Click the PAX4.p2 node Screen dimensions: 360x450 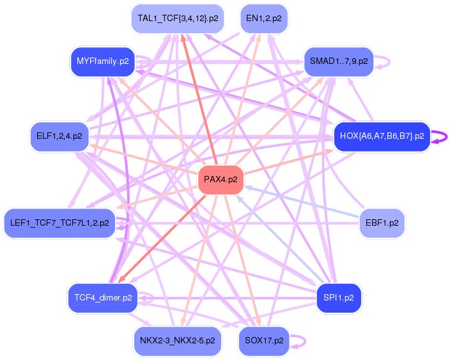point(221,180)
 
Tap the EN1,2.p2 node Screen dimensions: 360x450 point(263,19)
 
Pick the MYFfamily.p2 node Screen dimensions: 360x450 point(102,61)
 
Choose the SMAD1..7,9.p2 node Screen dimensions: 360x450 point(339,61)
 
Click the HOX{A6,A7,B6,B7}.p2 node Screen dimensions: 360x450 point(382,136)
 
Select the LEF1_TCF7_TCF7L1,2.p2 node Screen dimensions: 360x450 point(59,224)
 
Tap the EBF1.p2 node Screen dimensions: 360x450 point(382,224)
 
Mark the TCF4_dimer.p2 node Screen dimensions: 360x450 point(103,297)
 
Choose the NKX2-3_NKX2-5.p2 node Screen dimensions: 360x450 point(178,340)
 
